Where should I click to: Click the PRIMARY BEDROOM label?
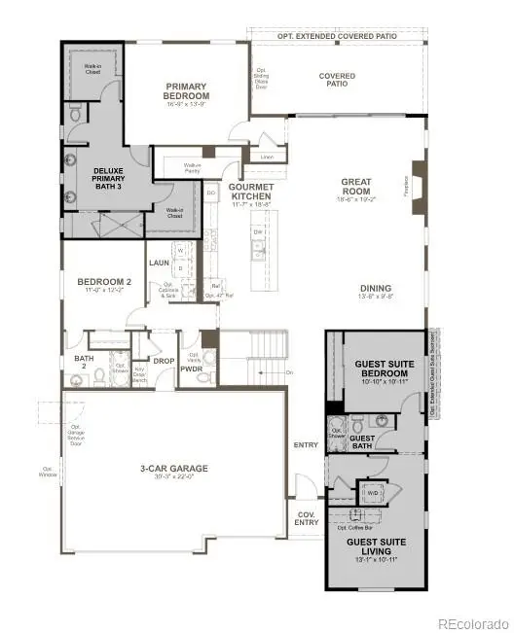tap(186, 90)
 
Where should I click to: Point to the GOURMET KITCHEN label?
tap(249, 191)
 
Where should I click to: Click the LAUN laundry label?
tap(160, 264)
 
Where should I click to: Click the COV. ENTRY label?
tap(306, 518)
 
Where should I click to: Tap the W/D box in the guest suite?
tap(372, 492)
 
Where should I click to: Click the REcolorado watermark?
tap(472, 623)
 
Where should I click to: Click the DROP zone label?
tap(164, 360)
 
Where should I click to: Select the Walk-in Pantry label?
tap(199, 166)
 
